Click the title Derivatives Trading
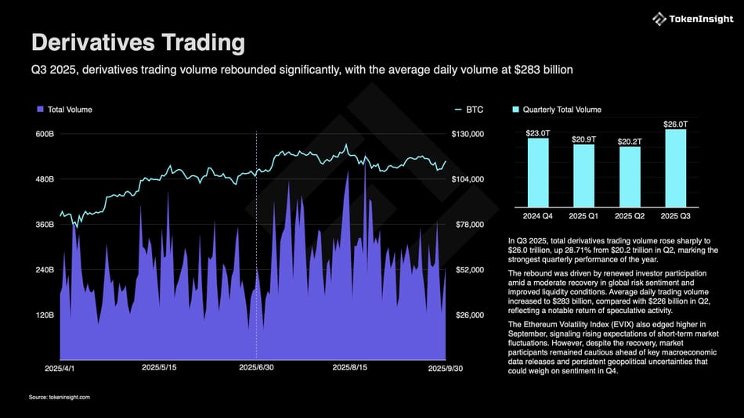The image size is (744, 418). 138,42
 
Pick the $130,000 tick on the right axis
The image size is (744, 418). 468,135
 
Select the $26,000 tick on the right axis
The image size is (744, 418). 468,315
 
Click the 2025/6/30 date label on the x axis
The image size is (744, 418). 256,367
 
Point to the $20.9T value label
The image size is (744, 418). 583,139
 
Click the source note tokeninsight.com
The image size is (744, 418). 60,398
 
